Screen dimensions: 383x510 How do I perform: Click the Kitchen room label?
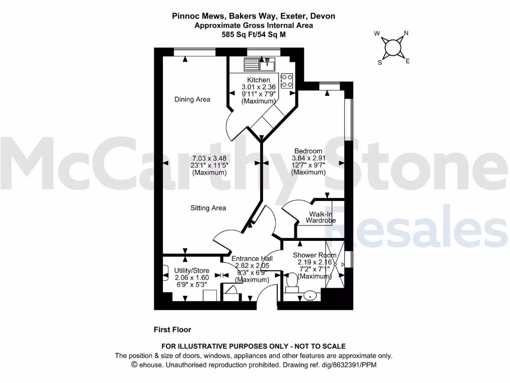pyautogui.click(x=258, y=80)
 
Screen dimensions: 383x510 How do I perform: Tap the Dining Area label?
pyautogui.click(x=192, y=99)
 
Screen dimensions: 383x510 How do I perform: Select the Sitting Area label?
pyautogui.click(x=208, y=208)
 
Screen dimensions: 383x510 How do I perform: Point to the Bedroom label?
pyautogui.click(x=308, y=151)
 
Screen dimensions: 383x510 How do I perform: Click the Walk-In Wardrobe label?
pyautogui.click(x=321, y=217)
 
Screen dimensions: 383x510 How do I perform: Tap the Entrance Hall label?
pyautogui.click(x=252, y=259)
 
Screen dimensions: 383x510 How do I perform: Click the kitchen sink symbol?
pyautogui.click(x=259, y=64)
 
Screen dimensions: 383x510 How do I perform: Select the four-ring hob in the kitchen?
pyautogui.click(x=287, y=80)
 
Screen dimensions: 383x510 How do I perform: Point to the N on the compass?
pyautogui.click(x=406, y=34)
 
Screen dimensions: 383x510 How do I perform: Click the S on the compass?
pyautogui.click(x=380, y=62)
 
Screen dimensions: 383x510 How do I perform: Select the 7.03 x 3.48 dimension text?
pyautogui.click(x=209, y=159)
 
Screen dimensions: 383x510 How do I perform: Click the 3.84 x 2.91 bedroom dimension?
pyautogui.click(x=308, y=159)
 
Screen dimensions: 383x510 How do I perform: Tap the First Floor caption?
pyautogui.click(x=172, y=330)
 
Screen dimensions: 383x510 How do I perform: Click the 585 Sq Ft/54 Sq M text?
pyautogui.click(x=254, y=35)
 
